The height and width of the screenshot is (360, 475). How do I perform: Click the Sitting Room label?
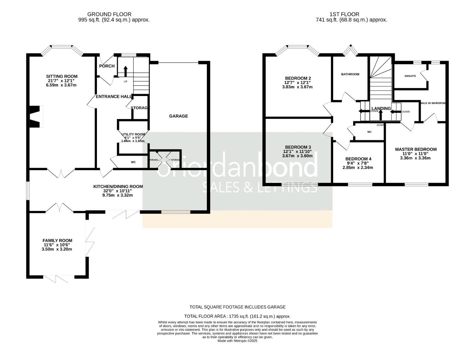coord(62,76)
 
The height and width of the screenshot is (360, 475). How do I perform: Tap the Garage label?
coord(179,116)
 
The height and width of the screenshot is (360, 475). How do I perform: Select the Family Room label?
coord(57,240)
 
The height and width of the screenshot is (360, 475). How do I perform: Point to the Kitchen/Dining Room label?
coord(118,187)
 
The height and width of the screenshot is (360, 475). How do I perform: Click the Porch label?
coord(107,66)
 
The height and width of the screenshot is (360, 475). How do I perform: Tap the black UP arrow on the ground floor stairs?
coord(126,71)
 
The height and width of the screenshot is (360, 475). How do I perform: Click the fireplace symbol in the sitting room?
coord(36,116)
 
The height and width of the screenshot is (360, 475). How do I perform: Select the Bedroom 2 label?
coord(298,78)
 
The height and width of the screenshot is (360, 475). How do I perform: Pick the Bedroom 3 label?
coord(298,147)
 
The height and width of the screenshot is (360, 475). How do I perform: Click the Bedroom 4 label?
coord(358,159)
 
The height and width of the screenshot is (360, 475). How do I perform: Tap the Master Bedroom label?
coord(416,149)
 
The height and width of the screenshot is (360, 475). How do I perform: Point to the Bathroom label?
coord(350,74)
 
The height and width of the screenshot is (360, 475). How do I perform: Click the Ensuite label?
coord(410,76)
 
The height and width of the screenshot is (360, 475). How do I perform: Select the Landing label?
coord(381,108)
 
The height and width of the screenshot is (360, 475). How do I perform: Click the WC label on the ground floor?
coord(133,162)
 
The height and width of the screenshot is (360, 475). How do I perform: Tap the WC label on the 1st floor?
coord(369,132)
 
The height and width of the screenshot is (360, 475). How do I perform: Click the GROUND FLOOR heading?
coord(109,14)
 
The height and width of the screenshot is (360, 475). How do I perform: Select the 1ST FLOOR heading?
coord(344,14)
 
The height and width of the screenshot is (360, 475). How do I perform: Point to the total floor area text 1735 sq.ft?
coord(237,316)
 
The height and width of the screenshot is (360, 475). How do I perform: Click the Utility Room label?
coord(133,134)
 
